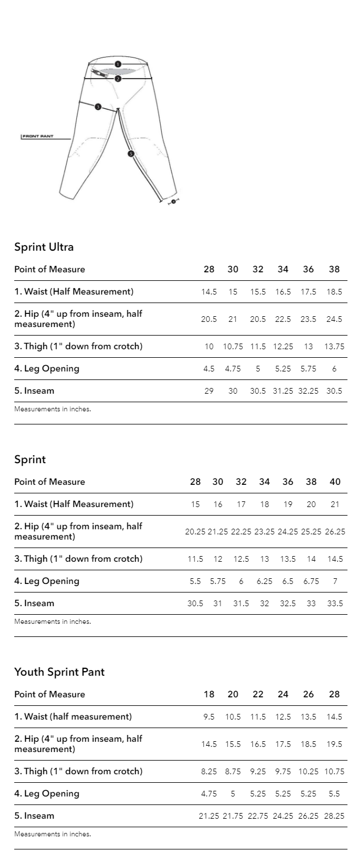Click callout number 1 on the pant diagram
click(117, 64)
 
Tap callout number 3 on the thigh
click(98, 107)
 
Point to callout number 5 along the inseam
click(130, 153)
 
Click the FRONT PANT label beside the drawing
click(38, 137)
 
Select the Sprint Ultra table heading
click(44, 247)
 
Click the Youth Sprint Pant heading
click(59, 672)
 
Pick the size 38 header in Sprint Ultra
click(334, 269)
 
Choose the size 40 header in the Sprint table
click(335, 482)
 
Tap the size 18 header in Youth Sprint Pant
click(209, 694)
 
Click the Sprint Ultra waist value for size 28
click(209, 292)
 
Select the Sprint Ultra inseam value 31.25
click(283, 391)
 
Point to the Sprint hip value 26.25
click(335, 532)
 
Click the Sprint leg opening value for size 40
click(335, 581)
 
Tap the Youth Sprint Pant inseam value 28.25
click(334, 816)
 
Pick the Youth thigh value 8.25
click(209, 771)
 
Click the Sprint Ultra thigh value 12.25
click(283, 346)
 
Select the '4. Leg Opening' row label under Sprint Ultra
click(47, 369)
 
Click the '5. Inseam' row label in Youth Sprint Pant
click(34, 816)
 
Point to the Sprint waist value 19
click(288, 504)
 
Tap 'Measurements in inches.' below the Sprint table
click(52, 622)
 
